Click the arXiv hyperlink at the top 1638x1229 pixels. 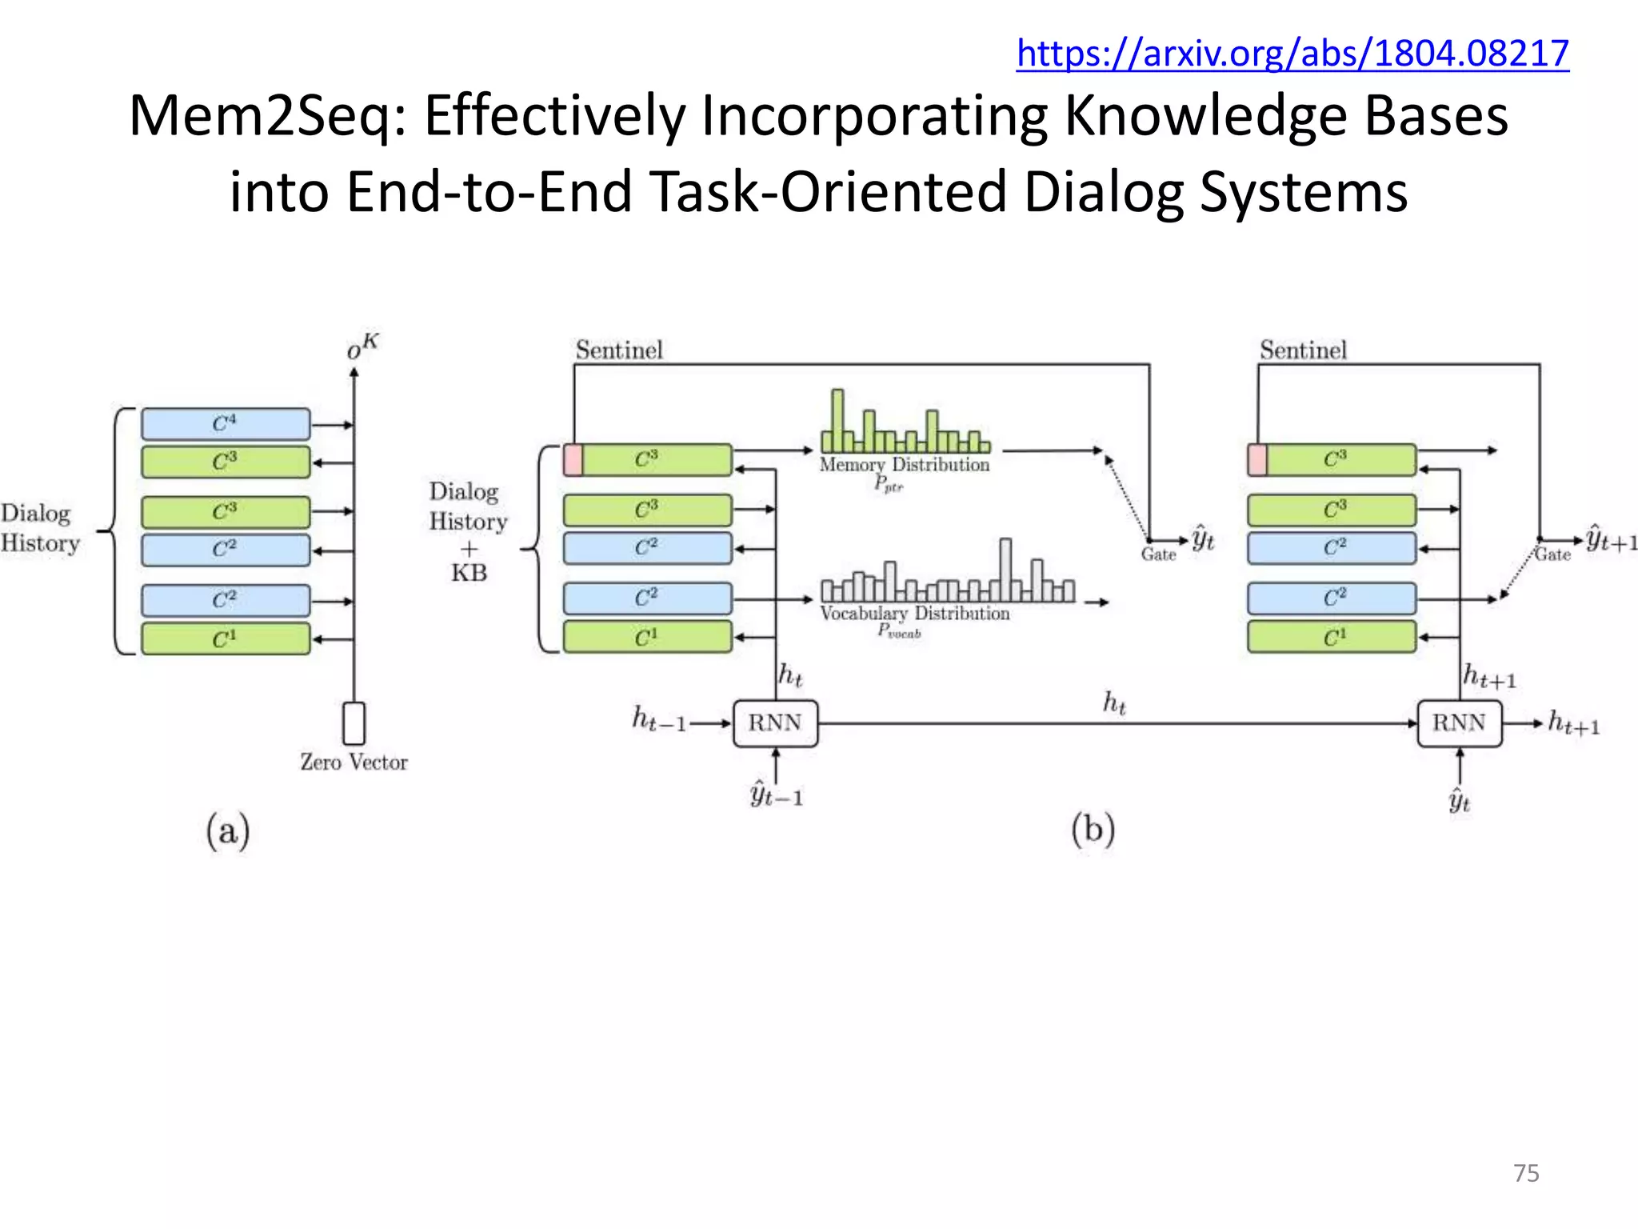coord(1292,54)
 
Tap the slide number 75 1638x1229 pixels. coord(1526,1173)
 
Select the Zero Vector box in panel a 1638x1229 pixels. coord(354,723)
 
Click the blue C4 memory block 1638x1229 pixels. coord(226,424)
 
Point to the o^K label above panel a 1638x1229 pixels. coord(362,346)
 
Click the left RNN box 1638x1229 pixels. coord(775,723)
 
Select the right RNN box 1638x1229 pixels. coord(1459,723)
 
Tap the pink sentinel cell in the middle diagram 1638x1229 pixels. coord(573,460)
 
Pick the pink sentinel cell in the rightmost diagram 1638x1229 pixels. coord(1257,460)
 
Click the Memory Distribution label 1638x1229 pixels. coord(904,465)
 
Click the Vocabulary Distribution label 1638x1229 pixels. coord(914,614)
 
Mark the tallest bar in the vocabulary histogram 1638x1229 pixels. coord(1005,569)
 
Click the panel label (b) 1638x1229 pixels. coord(1093,829)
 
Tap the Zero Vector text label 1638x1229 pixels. coord(354,763)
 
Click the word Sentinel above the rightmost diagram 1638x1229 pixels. coord(1303,350)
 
